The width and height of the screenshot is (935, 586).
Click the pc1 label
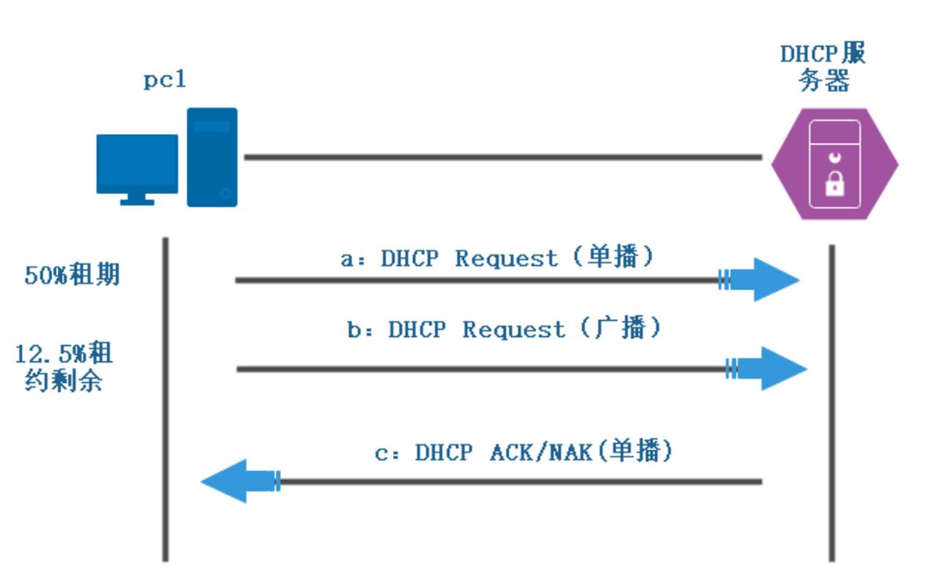(x=165, y=79)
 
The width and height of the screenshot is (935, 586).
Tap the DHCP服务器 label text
(x=823, y=67)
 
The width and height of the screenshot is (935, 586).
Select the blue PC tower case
(x=212, y=157)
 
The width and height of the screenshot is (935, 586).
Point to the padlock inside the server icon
(x=835, y=184)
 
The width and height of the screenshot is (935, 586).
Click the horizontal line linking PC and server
(x=502, y=157)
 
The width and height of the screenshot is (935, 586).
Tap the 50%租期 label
(x=72, y=275)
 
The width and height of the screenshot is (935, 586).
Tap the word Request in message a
(x=506, y=259)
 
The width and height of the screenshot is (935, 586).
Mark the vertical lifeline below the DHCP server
(x=832, y=403)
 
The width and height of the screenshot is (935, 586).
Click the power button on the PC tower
(x=226, y=193)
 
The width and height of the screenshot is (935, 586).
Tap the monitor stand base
(x=137, y=201)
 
